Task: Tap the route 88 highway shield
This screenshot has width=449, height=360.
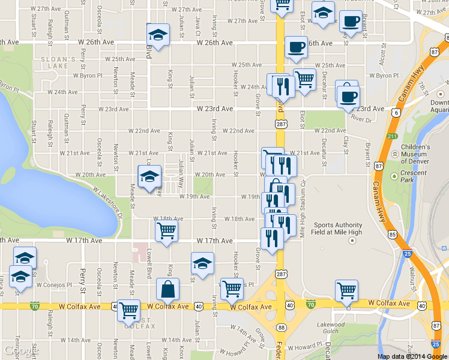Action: click(281, 327)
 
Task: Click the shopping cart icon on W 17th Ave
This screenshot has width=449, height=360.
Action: click(166, 229)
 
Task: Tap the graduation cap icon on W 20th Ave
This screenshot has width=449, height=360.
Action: click(149, 176)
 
